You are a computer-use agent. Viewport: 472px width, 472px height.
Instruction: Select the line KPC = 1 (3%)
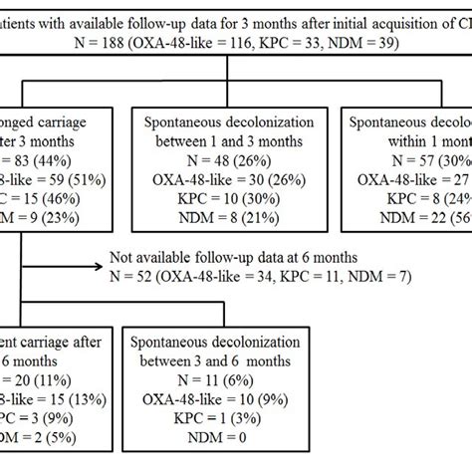[x=222, y=419]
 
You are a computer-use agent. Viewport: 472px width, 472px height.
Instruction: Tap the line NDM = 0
[x=222, y=440]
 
